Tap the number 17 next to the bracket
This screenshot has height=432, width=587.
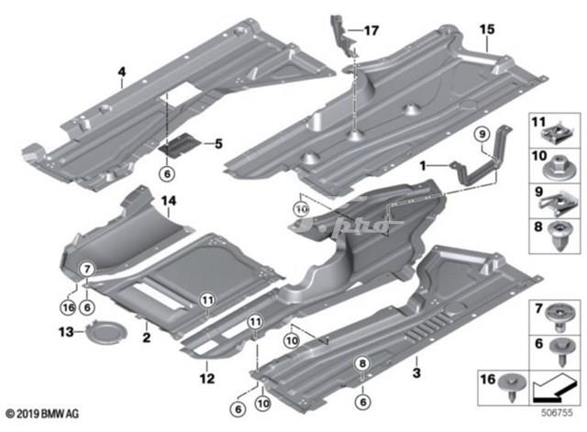(x=371, y=30)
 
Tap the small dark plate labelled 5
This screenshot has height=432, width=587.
(x=179, y=144)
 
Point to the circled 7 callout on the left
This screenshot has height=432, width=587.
(x=85, y=269)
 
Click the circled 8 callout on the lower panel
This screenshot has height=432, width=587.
(x=361, y=363)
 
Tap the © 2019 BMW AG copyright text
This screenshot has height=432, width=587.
(x=41, y=416)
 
